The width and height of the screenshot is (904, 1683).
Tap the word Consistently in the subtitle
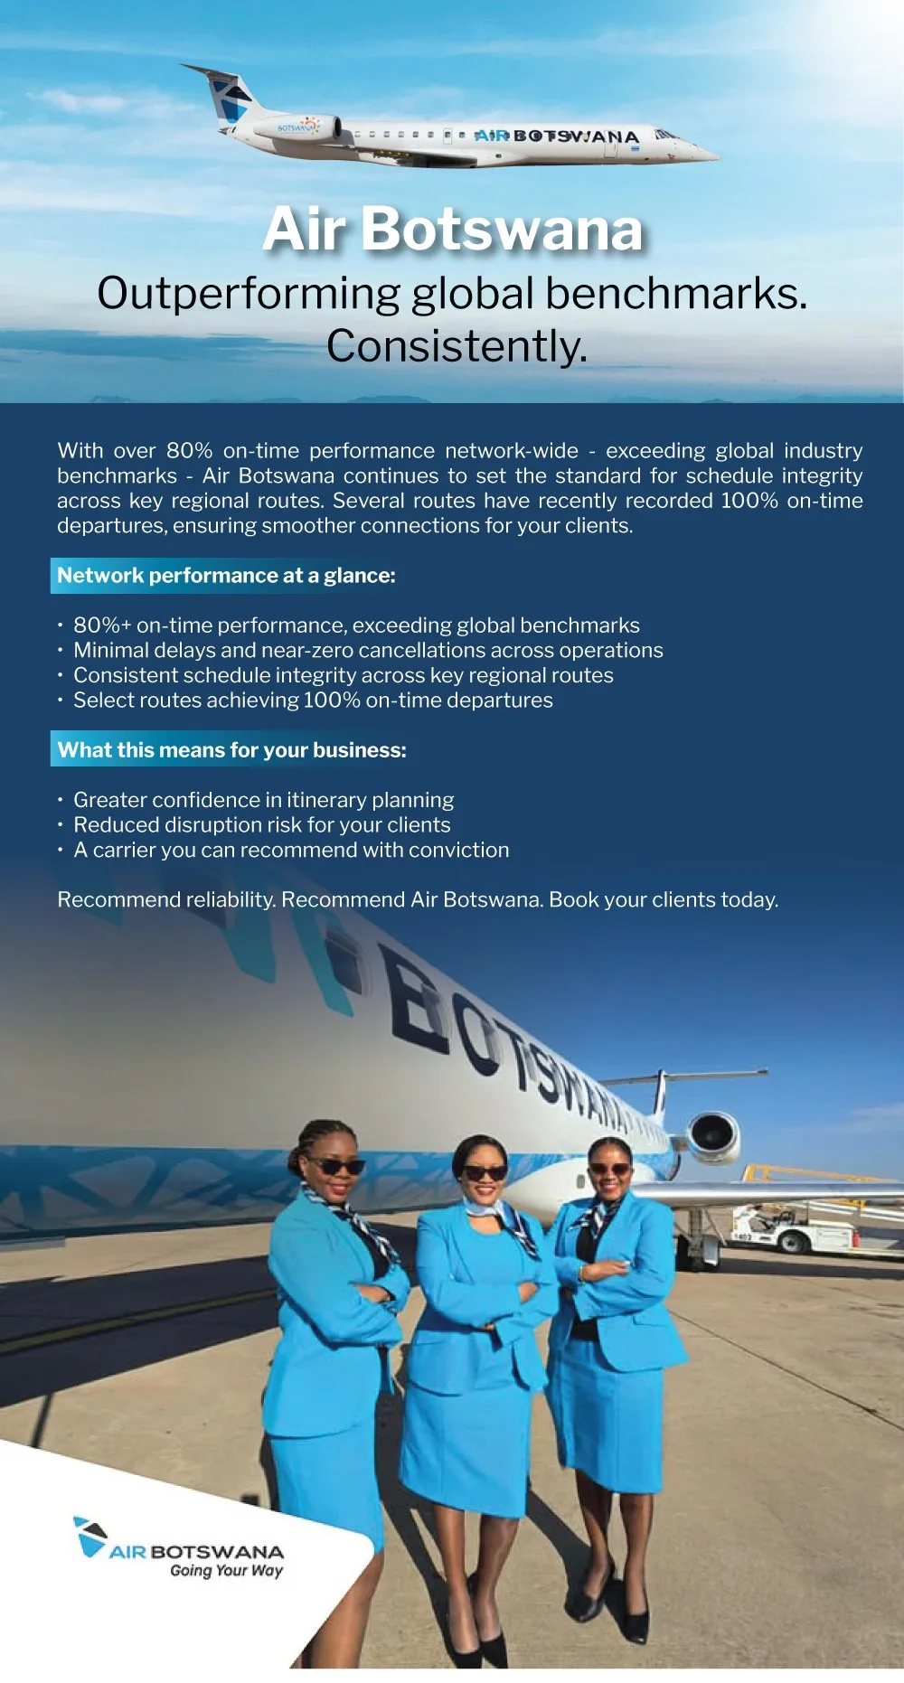click(x=457, y=346)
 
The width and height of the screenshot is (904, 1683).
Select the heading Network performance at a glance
click(x=226, y=576)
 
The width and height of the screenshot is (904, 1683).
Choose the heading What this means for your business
click(x=231, y=750)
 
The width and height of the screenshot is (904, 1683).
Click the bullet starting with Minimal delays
click(x=368, y=650)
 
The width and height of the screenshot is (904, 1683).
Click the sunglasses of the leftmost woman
click(x=334, y=1165)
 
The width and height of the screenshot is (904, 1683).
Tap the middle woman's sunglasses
click(x=485, y=1173)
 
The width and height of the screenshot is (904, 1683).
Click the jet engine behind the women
click(x=714, y=1135)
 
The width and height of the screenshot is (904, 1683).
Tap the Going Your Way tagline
click(x=226, y=1570)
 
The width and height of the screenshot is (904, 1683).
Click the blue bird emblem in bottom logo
click(x=89, y=1535)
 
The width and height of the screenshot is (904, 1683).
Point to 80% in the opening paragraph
click(x=189, y=450)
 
